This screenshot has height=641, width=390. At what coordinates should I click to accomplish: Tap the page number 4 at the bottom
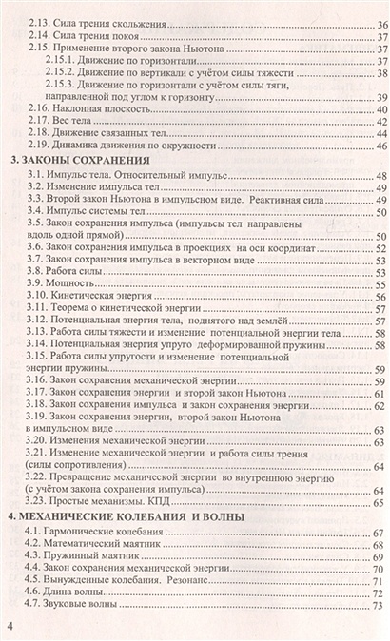11,625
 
